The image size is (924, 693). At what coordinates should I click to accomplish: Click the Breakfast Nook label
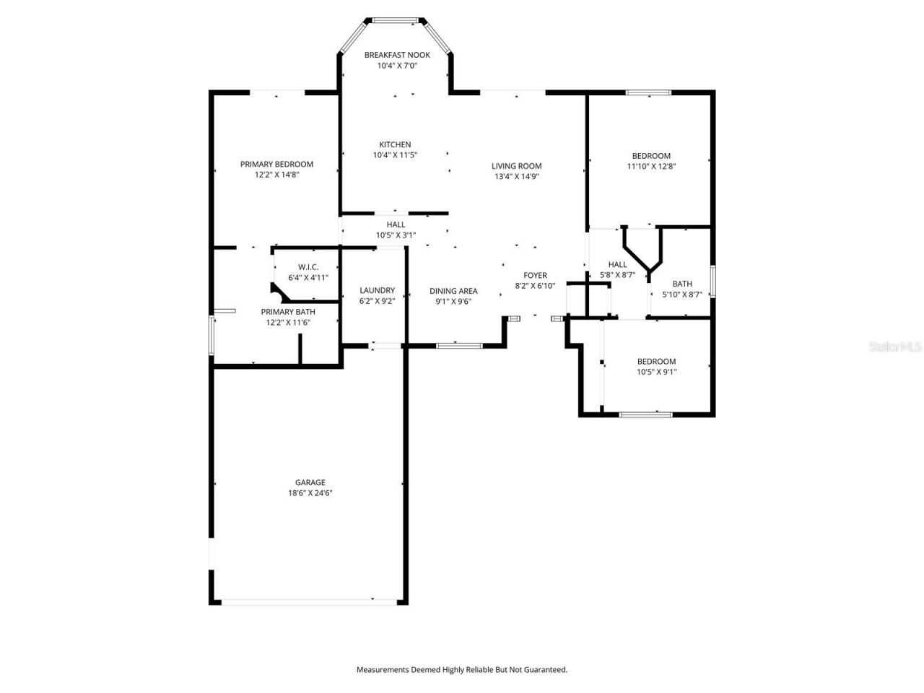coord(396,55)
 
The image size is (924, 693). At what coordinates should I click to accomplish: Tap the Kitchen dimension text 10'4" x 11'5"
coord(395,155)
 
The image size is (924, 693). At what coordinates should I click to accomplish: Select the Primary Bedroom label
coord(276,164)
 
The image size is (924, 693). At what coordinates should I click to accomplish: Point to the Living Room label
coord(516,166)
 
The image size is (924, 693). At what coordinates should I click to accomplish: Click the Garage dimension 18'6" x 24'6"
coord(310,493)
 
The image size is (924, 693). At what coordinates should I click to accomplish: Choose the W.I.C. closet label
coord(308,267)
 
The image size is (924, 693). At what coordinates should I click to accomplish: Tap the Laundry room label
coord(377,290)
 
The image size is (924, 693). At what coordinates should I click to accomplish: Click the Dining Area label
coord(453,291)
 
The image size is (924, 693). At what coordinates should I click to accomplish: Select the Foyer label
coord(535,275)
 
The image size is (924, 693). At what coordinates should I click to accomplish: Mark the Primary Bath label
coord(288,312)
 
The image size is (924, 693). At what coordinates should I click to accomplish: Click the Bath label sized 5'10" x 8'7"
coord(682,284)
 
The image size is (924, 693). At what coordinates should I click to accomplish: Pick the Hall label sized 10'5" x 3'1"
coord(395,225)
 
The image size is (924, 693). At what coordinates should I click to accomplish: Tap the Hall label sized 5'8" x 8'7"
coord(617,264)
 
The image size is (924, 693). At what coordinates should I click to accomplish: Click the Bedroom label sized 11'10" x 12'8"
coord(651,155)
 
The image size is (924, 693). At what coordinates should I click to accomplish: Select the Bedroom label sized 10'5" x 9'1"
coord(656,362)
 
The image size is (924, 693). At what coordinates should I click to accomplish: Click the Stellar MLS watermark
coord(895,346)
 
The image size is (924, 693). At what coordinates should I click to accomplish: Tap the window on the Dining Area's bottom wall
coord(459,346)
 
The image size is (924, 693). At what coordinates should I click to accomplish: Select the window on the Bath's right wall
coord(712,282)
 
